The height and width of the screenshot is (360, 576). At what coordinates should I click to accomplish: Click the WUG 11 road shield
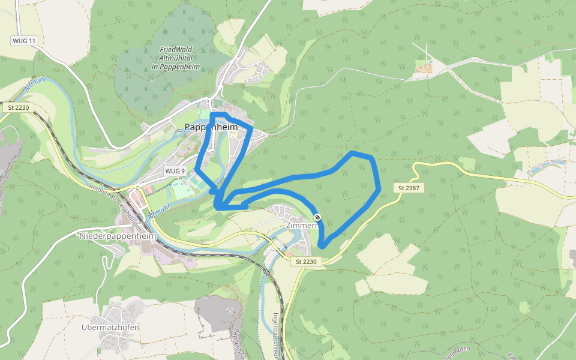(24, 41)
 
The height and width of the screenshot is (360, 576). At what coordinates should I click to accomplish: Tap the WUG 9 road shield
(175, 171)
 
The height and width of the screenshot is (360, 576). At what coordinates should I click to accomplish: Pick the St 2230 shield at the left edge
(19, 107)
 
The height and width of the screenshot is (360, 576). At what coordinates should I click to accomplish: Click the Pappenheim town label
(211, 127)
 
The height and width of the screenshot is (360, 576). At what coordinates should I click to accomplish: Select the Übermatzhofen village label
(110, 328)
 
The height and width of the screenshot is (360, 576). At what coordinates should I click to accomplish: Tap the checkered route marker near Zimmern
(317, 217)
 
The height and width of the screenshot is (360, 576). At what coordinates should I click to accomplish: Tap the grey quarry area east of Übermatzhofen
(220, 312)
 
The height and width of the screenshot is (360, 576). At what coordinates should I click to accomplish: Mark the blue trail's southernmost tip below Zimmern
(322, 245)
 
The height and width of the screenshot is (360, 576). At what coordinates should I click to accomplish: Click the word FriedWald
(176, 50)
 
